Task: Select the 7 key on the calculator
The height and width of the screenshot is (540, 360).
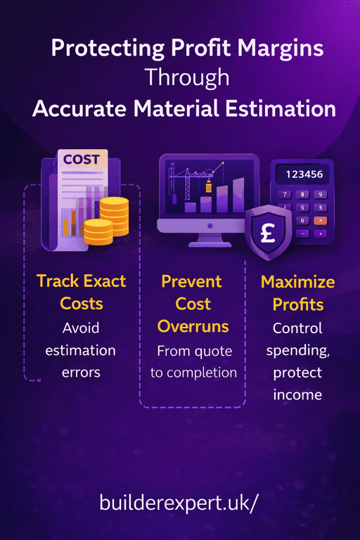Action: coord(285,195)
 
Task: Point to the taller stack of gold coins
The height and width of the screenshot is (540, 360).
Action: coord(114,216)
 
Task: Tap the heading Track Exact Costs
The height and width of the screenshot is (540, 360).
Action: coord(81,292)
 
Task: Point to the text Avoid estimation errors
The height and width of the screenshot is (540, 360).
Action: coord(80,349)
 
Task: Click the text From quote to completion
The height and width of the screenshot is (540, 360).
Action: coord(193,361)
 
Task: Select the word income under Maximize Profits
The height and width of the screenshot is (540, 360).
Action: coord(298,394)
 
